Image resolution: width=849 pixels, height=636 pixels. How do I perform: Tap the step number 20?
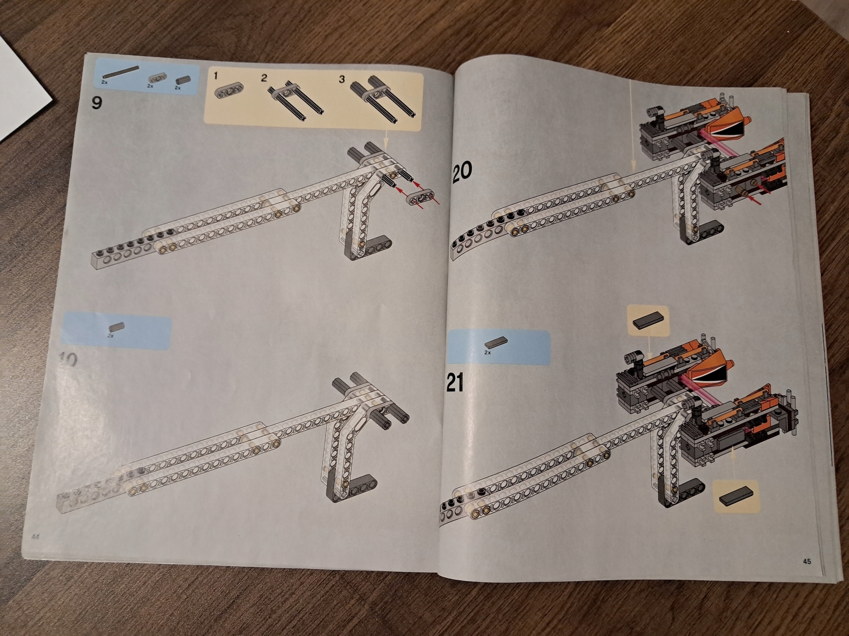tap(462, 171)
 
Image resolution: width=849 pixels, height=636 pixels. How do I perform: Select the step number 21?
tap(455, 383)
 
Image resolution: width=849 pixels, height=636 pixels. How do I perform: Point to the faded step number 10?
tap(69, 360)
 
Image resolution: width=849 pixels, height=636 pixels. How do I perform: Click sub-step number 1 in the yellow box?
tap(216, 76)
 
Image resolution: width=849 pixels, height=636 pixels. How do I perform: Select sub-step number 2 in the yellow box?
tap(264, 78)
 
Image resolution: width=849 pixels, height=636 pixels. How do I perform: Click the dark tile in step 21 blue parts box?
tap(495, 344)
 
